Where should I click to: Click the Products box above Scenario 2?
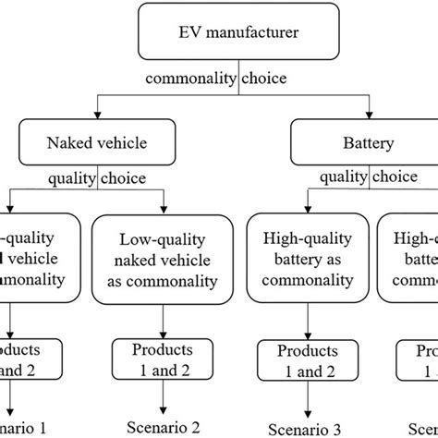point(163,359)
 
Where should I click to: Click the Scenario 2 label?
point(163,429)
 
